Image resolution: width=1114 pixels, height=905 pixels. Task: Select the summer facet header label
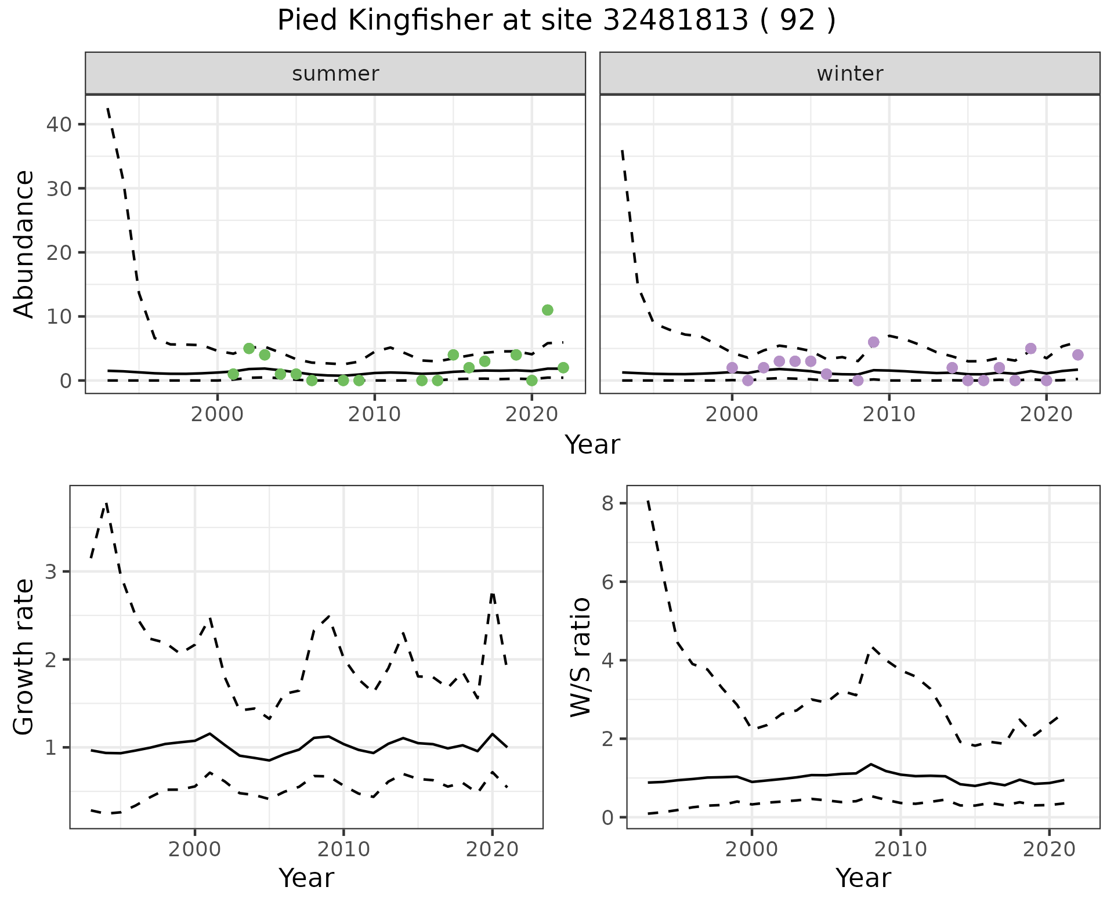pyautogui.click(x=335, y=74)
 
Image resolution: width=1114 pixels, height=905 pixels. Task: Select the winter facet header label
pyautogui.click(x=849, y=74)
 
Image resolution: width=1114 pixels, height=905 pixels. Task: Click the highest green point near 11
pyautogui.click(x=547, y=310)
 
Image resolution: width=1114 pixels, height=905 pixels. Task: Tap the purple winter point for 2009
pyautogui.click(x=873, y=342)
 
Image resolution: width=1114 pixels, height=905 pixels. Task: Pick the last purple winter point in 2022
pyautogui.click(x=1077, y=354)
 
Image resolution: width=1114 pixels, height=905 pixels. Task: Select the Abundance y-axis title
pyautogui.click(x=24, y=244)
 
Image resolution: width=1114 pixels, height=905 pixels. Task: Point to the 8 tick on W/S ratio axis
pyautogui.click(x=607, y=503)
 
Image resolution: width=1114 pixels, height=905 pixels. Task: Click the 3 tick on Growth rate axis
pyautogui.click(x=50, y=572)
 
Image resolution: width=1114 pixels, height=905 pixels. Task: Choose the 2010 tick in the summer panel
pyautogui.click(x=374, y=414)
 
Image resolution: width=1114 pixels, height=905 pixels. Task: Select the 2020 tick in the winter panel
pyautogui.click(x=1046, y=414)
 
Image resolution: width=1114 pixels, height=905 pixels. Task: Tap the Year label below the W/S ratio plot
pyautogui.click(x=863, y=878)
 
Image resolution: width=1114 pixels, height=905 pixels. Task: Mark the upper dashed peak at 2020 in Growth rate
pyautogui.click(x=492, y=593)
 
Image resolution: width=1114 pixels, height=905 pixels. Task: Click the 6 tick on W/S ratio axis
pyautogui.click(x=607, y=582)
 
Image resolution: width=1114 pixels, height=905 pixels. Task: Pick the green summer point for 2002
pyautogui.click(x=249, y=348)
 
